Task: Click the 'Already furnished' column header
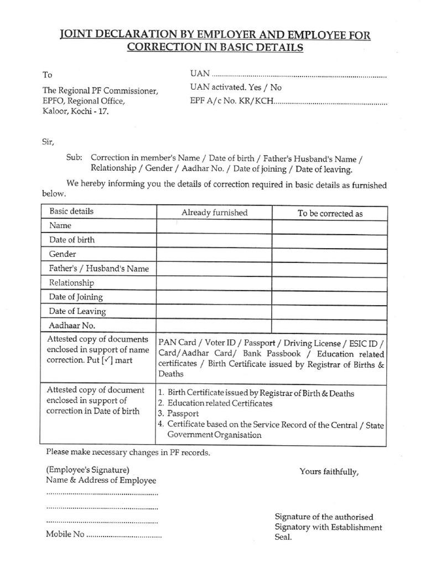tap(214, 213)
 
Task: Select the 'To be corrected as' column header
tap(330, 213)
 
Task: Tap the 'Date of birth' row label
tap(72, 240)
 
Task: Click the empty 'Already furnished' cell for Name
tap(214, 226)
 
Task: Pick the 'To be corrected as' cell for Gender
tap(330, 255)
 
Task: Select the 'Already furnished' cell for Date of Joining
tap(214, 297)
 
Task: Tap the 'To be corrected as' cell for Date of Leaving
tap(330, 312)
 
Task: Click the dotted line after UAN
tap(299, 75)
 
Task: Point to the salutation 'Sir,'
tap(49, 142)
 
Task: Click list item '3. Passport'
tap(178, 414)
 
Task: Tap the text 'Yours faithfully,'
tap(329, 472)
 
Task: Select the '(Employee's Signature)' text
tap(88, 470)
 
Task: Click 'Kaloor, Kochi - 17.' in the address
tap(76, 111)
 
